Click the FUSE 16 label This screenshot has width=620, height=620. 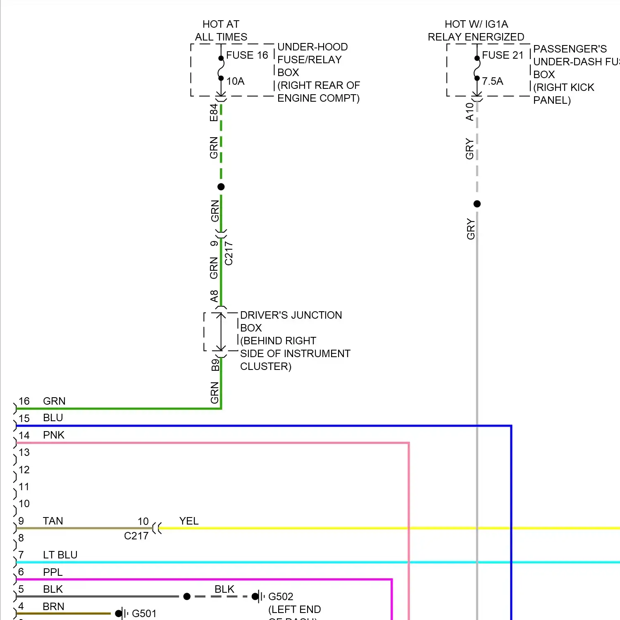247,55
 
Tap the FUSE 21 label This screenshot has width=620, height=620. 503,55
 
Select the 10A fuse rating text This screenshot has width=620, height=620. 235,81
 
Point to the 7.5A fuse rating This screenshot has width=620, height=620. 492,81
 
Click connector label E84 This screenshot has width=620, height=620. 214,112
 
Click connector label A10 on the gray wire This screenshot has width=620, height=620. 470,112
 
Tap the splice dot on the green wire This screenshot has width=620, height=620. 221,187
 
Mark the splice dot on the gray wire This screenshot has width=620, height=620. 477,204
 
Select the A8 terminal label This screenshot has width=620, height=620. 214,296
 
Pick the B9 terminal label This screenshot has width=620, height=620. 215,365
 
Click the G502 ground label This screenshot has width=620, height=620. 281,596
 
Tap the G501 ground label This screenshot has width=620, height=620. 144,613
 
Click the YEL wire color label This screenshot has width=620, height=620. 189,521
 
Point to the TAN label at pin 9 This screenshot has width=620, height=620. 53,521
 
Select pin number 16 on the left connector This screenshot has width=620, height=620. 24,401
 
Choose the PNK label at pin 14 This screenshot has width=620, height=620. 54,435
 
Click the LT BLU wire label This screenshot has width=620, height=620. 60,555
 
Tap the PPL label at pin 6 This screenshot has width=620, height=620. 52,572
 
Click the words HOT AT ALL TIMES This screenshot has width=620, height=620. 221,31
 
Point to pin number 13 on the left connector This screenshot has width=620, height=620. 24,452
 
